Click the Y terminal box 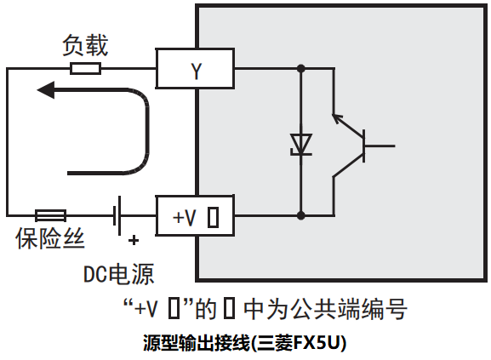tap(195, 68)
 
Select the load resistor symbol tap(86, 68)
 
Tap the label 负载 tap(85, 44)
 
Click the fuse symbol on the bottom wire tap(50, 214)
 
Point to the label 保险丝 tap(50, 240)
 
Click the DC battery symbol tap(119, 214)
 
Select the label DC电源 tap(118, 274)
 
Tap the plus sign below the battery tap(134, 241)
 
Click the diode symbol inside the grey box tap(300, 143)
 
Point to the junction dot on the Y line tap(300, 68)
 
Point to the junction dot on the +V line tap(300, 214)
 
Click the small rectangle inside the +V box tap(213, 216)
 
